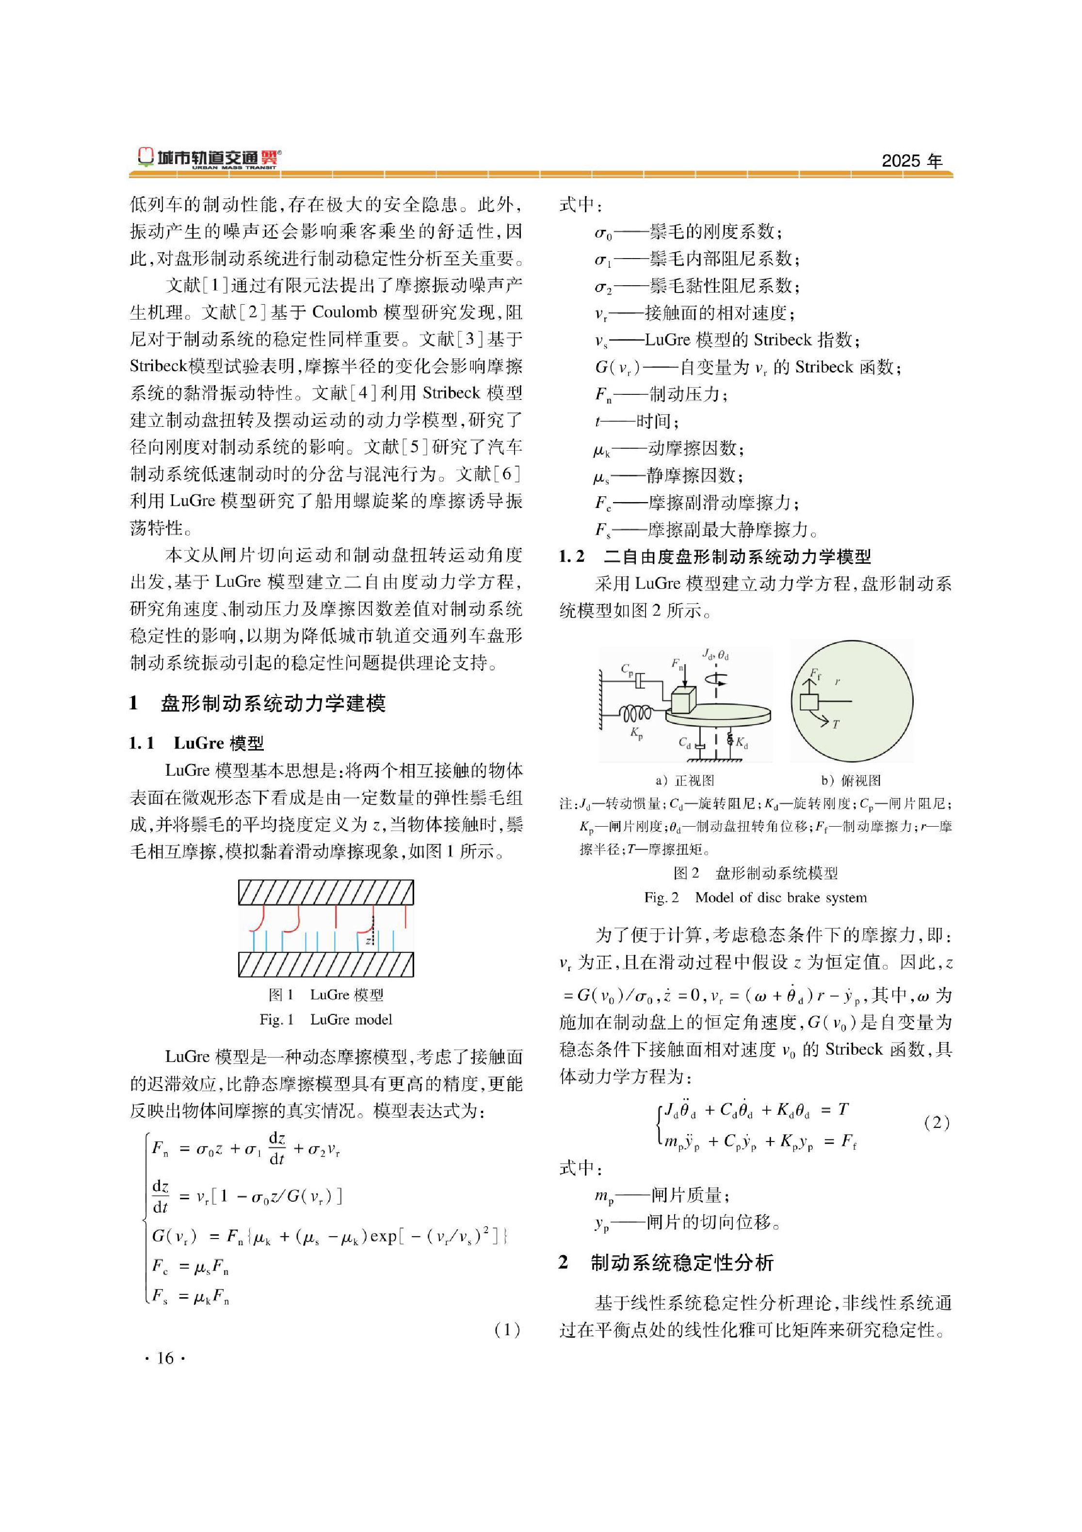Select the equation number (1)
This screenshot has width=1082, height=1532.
[x=507, y=1330]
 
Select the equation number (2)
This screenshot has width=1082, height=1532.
[x=937, y=1123]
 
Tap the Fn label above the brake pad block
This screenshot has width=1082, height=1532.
[x=677, y=664]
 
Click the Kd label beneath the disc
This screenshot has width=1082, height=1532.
[x=742, y=742]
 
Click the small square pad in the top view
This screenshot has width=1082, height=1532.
[x=809, y=702]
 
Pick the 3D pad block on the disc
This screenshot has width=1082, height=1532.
[x=683, y=701]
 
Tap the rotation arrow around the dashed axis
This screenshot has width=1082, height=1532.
[x=717, y=679]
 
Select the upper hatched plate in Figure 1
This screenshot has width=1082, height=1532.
[x=325, y=893]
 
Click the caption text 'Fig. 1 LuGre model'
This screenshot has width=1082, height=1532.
[x=325, y=1020]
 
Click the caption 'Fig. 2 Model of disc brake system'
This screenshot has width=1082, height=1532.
[x=755, y=897]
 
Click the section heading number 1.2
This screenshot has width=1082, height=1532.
[x=572, y=556]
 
